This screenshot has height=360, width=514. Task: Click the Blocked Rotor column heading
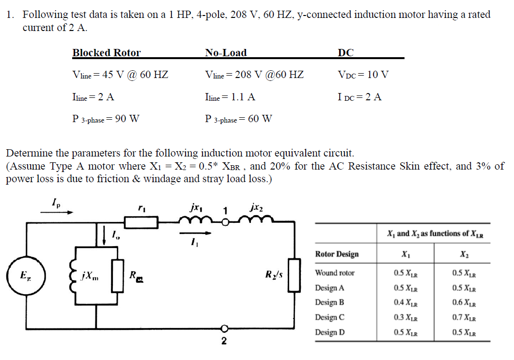click(106, 53)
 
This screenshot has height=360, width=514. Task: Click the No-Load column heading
click(225, 53)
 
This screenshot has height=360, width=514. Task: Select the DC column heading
click(345, 53)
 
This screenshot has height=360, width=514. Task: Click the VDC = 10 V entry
click(363, 75)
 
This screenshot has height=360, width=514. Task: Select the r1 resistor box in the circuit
click(141, 222)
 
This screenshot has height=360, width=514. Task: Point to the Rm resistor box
click(118, 276)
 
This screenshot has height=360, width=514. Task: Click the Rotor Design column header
click(337, 254)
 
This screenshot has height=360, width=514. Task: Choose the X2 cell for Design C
click(464, 318)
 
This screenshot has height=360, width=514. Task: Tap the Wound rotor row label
click(335, 273)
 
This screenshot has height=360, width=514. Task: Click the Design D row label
click(330, 333)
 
